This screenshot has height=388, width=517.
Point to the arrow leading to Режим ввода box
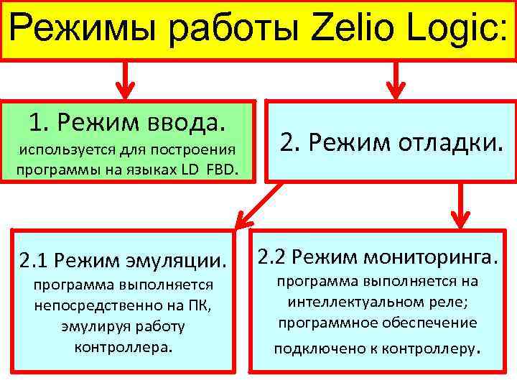(126, 80)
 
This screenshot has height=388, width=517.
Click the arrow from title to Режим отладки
(393, 80)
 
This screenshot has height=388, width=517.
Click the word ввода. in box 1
(190, 123)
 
